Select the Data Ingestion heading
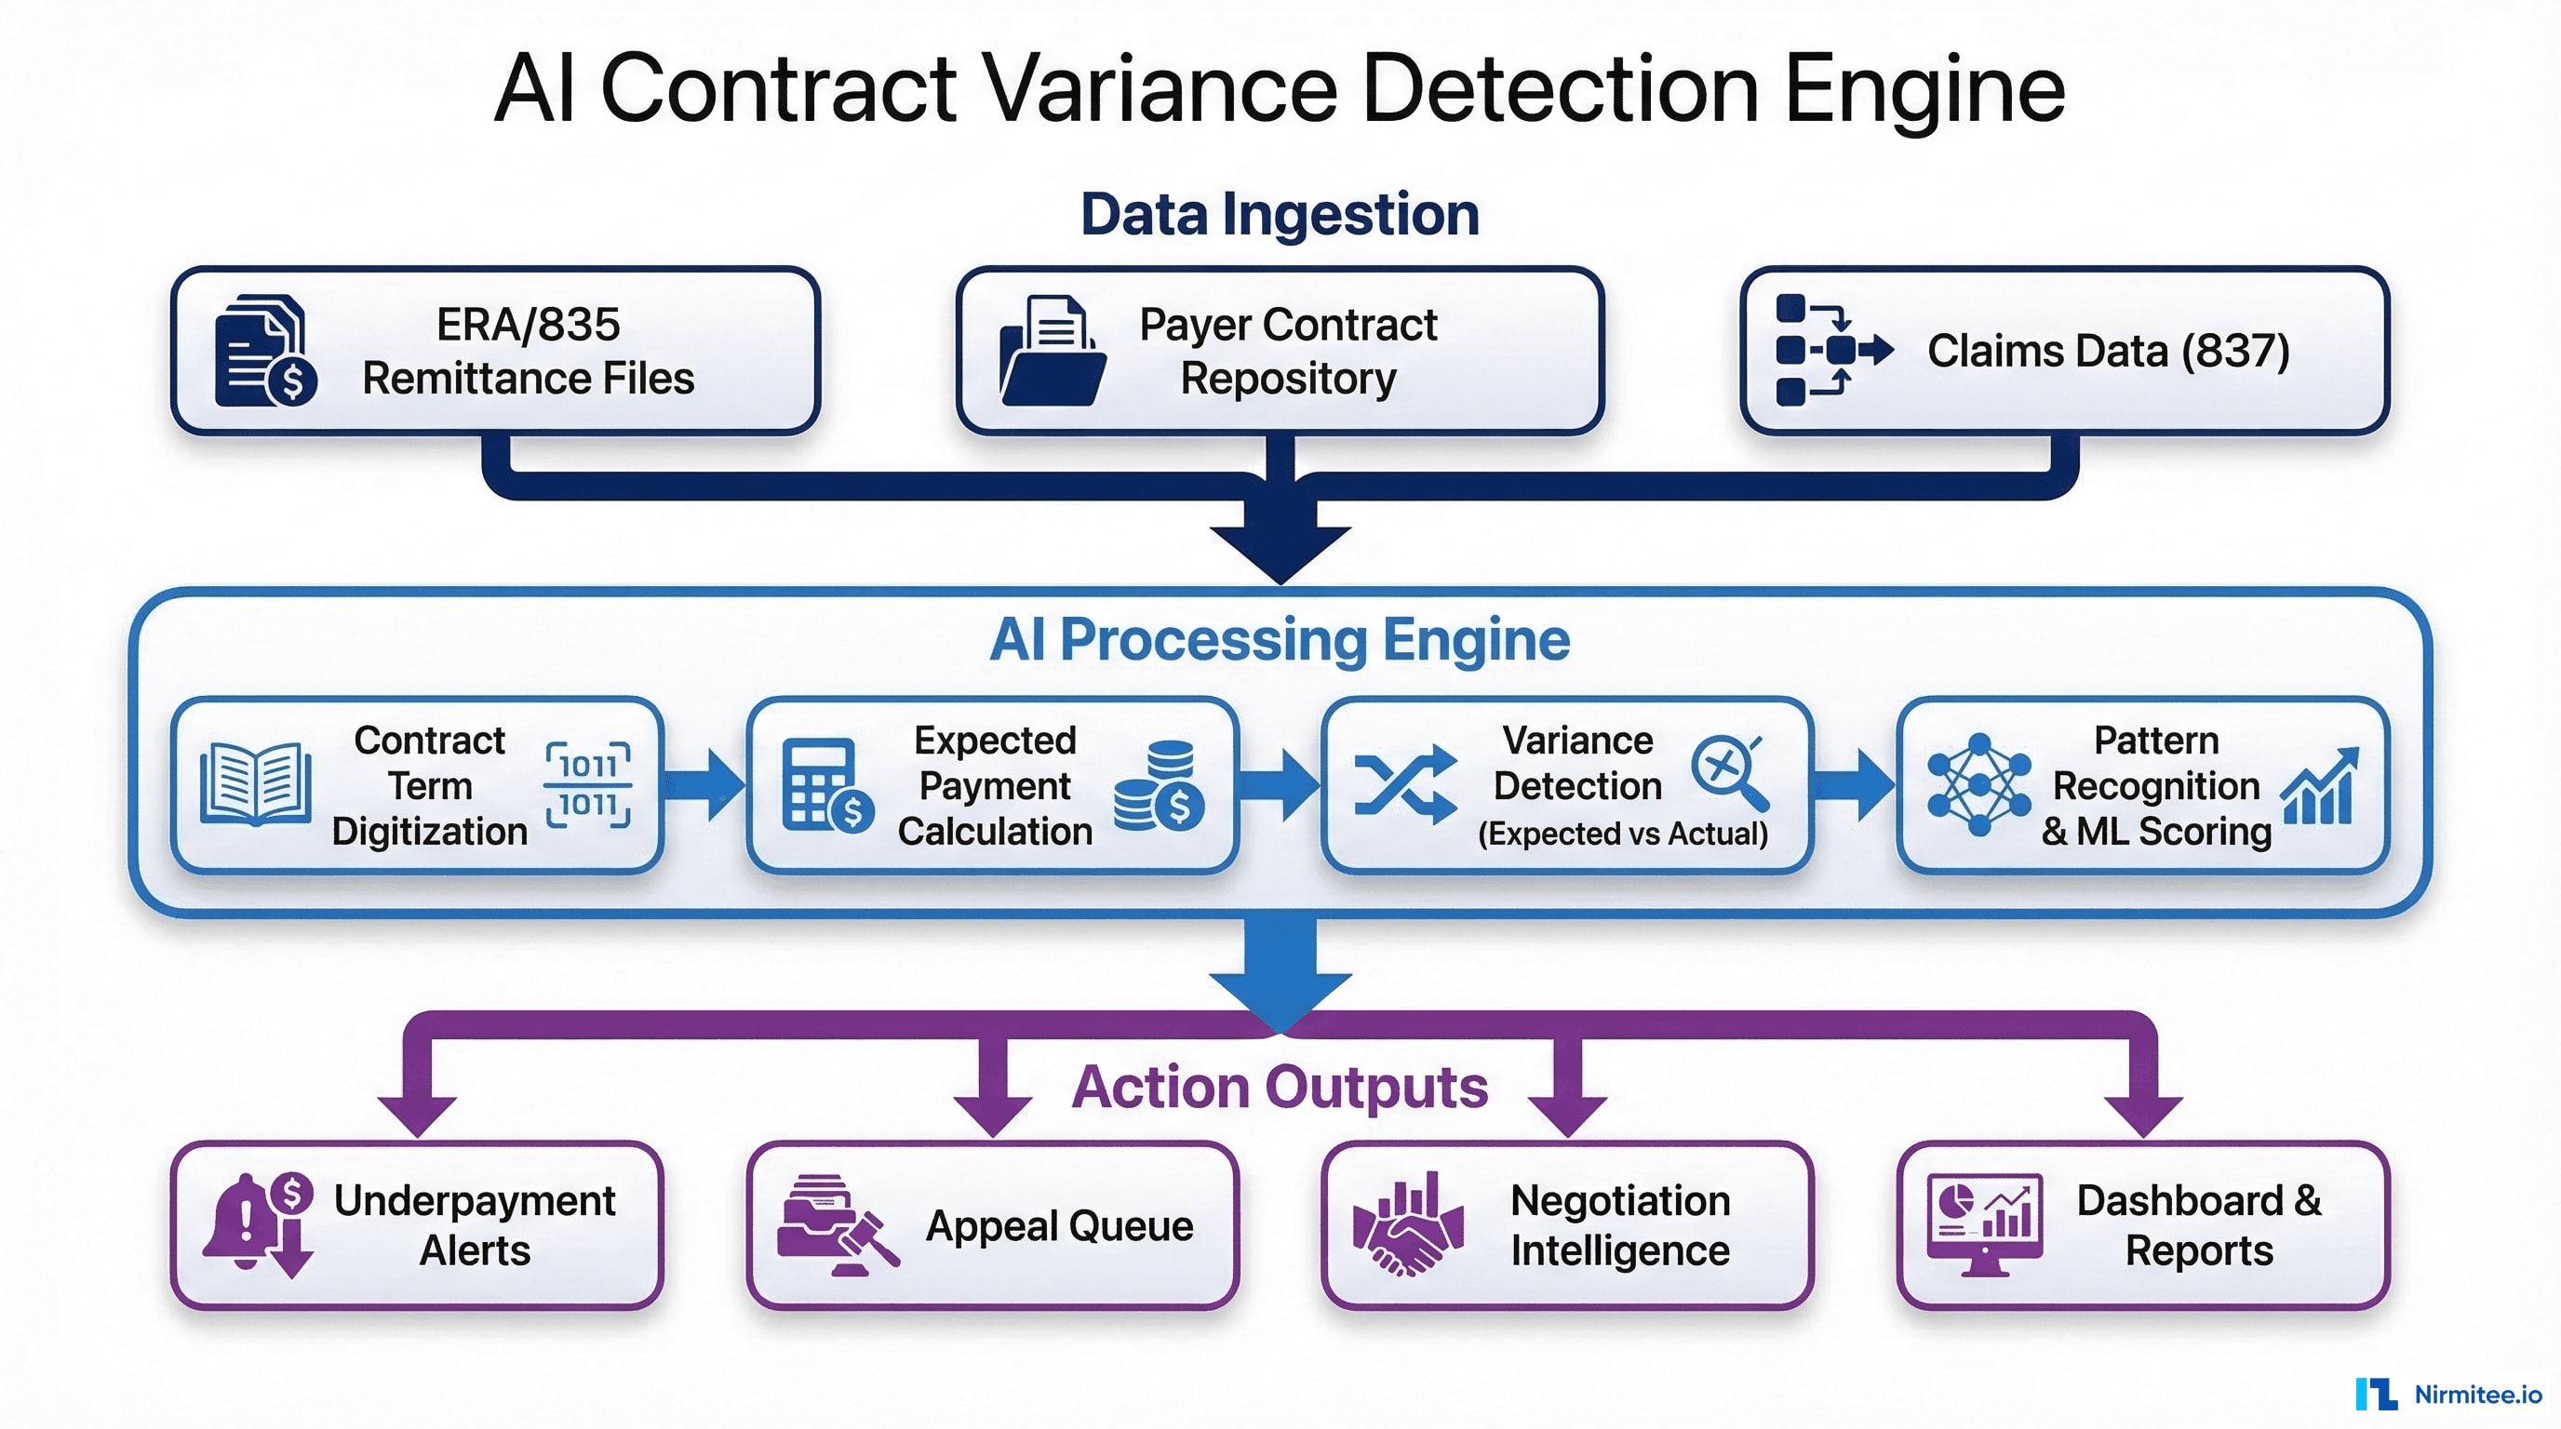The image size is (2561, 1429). pos(1280,215)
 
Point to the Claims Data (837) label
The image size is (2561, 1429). pos(2108,351)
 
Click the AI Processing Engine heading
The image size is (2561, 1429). pos(1280,639)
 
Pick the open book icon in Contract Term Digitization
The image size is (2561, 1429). pos(256,785)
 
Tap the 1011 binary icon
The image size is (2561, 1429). pos(587,785)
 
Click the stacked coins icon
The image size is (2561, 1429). pos(1160,785)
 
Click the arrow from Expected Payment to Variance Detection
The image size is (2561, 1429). pos(1279,785)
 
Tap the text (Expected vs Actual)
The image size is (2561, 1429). pos(1623,834)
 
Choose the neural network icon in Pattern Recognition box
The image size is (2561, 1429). pos(1978,785)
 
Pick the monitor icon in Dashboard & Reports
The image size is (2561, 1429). pos(1984,1224)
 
